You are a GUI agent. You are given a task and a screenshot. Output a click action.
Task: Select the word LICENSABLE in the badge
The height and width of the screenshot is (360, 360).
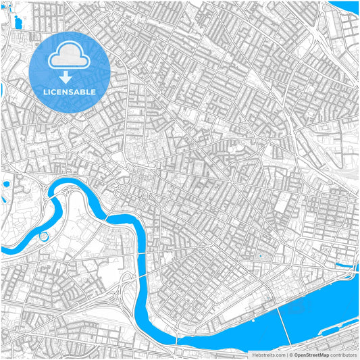70,91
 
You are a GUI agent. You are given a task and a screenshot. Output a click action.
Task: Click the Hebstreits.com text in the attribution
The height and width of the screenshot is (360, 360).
269,355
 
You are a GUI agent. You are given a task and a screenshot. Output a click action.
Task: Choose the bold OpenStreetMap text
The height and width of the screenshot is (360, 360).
311,355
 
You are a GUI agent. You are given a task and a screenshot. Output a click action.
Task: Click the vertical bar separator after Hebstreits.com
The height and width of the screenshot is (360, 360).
287,355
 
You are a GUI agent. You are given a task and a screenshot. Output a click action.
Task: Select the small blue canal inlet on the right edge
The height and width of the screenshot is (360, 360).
345,265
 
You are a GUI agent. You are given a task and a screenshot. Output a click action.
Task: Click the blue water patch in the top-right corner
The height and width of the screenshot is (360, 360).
352,6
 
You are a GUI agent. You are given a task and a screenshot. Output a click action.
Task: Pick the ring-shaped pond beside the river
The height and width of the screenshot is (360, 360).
45,236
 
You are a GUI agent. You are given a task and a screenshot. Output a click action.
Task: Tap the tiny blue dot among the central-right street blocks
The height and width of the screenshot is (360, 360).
260,256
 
